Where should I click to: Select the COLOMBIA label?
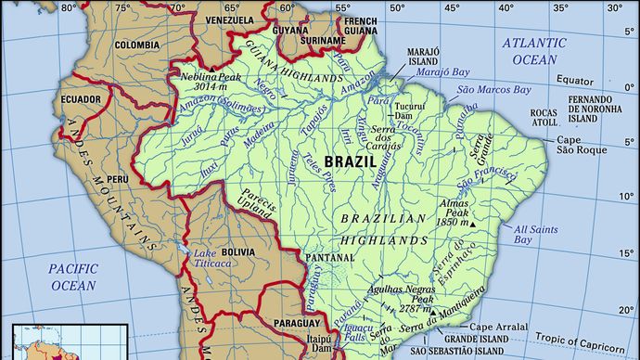(137, 44)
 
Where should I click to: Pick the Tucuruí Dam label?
(409, 112)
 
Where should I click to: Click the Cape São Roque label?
(580, 145)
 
